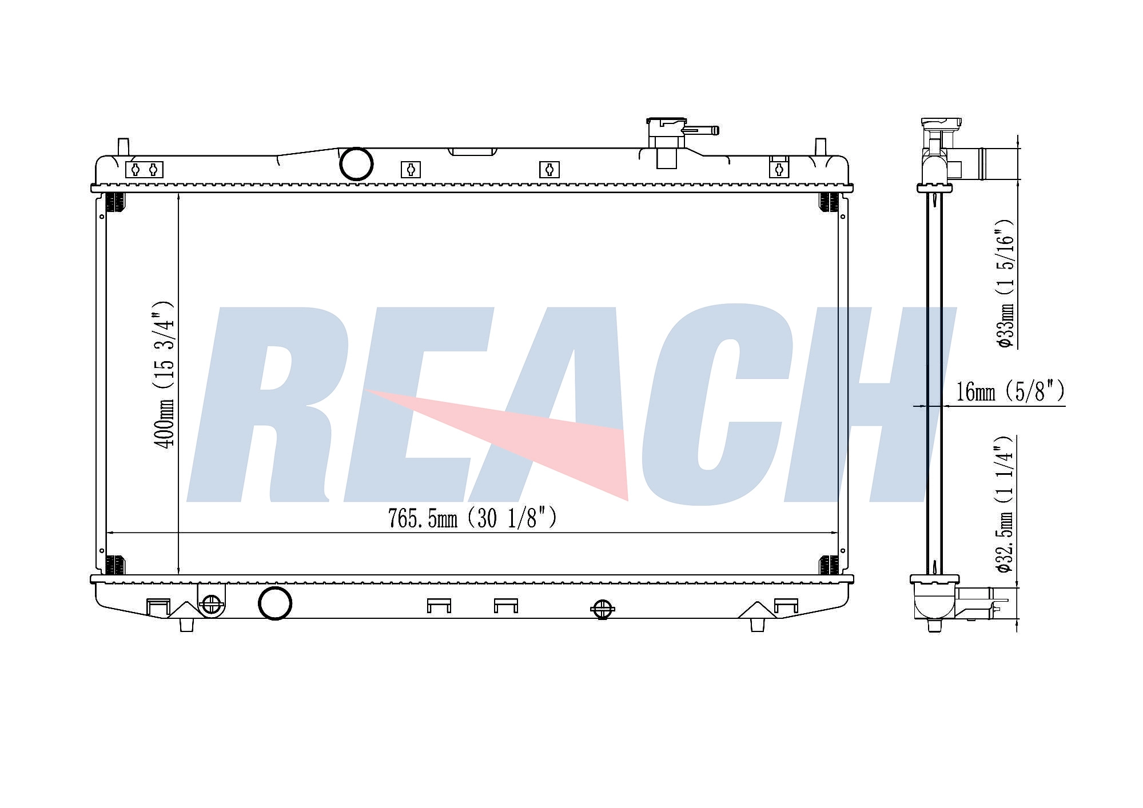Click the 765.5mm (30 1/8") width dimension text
point(472,518)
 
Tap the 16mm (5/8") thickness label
point(1010,392)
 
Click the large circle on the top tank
point(356,164)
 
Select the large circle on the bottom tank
point(275,603)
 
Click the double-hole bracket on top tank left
point(144,170)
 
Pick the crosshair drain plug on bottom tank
point(602,609)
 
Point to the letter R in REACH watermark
point(269,406)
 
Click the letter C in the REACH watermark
point(715,406)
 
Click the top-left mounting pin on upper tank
point(123,146)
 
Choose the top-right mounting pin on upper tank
point(820,146)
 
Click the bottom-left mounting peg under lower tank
point(186,625)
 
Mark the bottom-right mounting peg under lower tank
point(757,625)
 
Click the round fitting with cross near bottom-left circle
point(212,603)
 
